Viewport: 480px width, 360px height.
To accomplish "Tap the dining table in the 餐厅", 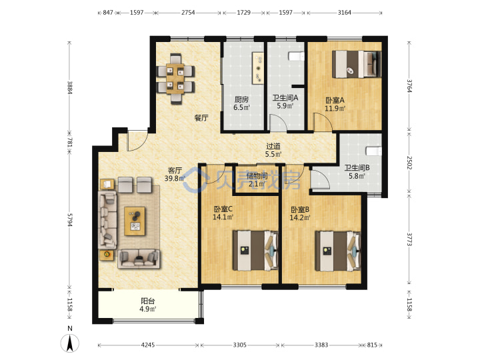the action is coord(175,79).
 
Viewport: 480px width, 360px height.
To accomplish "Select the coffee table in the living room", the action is coord(135,221).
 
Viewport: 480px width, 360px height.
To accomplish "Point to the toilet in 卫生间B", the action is coord(374,151).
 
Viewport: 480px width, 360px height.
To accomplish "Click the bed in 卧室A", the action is coord(357,64).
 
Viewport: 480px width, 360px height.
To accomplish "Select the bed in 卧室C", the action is coord(255,251).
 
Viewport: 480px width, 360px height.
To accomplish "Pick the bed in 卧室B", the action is coord(338,251).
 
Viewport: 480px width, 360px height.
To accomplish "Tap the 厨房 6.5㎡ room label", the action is coord(241,103).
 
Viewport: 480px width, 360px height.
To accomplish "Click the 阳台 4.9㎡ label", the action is coord(148,305).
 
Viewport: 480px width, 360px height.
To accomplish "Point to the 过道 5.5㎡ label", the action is coord(273,150).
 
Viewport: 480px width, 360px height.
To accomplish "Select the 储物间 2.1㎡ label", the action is coord(257,180).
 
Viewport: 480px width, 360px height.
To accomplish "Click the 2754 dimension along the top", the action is coord(188,13).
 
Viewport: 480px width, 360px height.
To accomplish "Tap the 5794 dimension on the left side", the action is coord(70,220).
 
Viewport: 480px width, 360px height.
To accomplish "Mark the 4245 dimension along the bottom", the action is coord(148,345).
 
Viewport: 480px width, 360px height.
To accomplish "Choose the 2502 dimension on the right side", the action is coord(409,163).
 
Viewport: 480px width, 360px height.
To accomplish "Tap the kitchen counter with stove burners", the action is coord(258,68).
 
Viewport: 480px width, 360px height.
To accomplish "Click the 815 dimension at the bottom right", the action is coord(372,345).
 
